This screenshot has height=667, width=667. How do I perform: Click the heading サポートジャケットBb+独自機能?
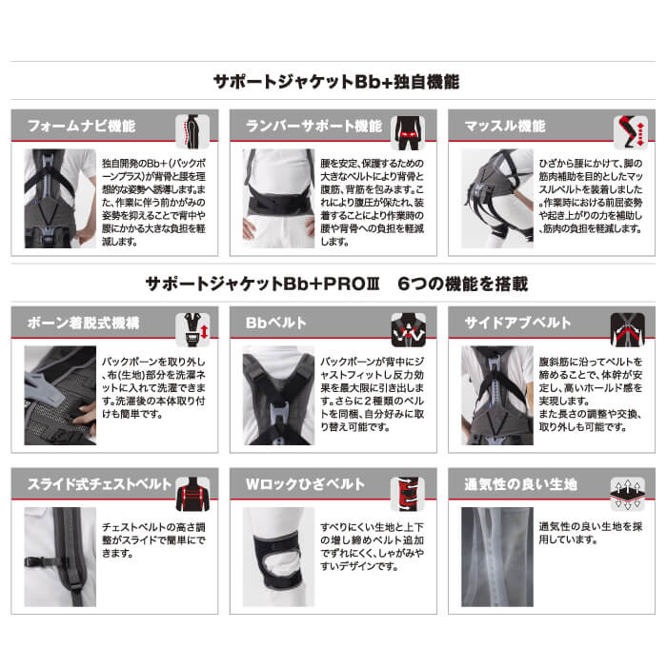(333, 83)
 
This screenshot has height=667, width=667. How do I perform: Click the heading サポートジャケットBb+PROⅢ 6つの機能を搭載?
(333, 284)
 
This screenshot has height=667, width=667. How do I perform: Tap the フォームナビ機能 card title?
(81, 126)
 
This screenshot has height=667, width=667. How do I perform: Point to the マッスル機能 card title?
(504, 126)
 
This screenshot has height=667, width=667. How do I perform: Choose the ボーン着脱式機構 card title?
(81, 324)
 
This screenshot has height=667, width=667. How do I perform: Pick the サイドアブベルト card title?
(515, 324)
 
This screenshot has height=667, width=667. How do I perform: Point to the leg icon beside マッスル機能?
(629, 130)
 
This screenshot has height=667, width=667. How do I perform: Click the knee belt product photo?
(277, 557)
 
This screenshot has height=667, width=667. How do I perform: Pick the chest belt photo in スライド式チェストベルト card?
(59, 557)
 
